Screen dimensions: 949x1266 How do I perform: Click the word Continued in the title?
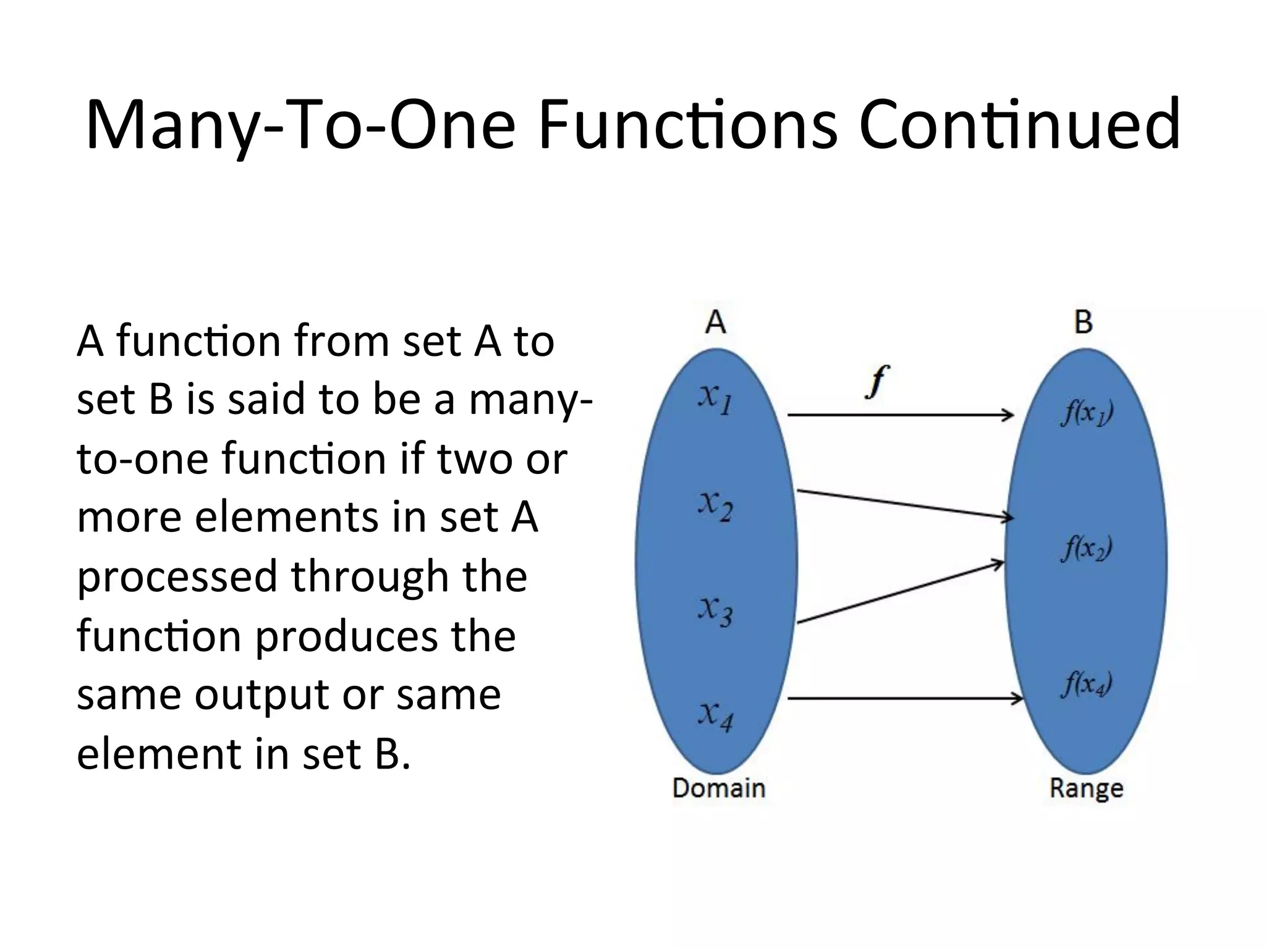(1020, 125)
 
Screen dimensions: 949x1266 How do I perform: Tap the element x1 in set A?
(715, 398)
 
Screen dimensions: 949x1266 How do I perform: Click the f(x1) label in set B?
(1087, 413)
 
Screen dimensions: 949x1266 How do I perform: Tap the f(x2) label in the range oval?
(1086, 548)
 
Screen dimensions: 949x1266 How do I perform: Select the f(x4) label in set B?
(1086, 684)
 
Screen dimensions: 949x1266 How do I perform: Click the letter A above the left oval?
(715, 322)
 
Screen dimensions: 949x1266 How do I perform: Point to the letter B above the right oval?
(1083, 322)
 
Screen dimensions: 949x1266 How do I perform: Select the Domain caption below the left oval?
(718, 788)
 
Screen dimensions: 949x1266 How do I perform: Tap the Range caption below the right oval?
(1086, 789)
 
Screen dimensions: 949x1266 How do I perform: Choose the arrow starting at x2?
(903, 504)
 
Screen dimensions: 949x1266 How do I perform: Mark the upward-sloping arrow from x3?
(899, 592)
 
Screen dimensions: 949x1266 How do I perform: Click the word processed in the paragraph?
(177, 577)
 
